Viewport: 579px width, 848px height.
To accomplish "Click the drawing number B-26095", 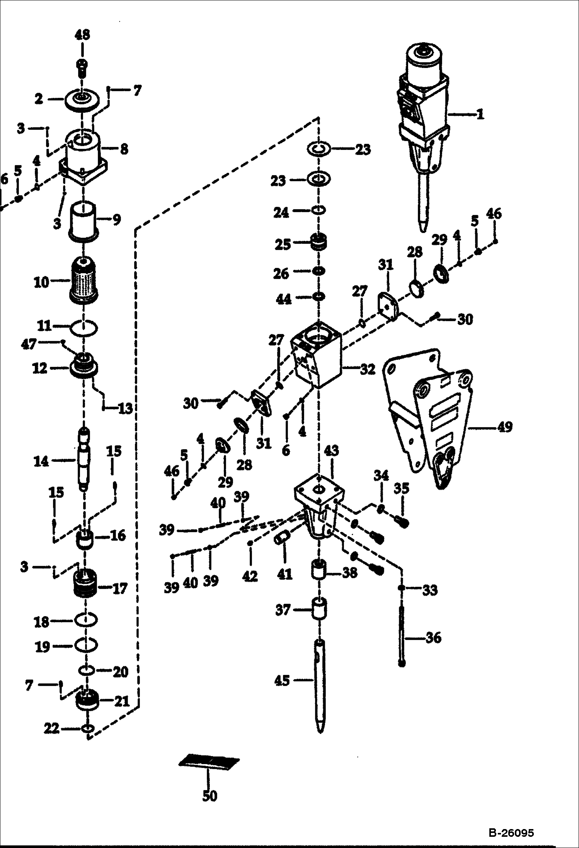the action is point(511,833).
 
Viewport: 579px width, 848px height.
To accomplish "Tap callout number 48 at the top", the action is point(82,35).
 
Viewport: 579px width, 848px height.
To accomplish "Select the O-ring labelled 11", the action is point(84,328).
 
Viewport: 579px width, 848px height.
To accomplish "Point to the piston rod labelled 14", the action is point(85,458).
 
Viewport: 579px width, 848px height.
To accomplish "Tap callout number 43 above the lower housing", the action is point(332,450).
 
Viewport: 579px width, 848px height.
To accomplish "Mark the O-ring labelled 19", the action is point(85,645).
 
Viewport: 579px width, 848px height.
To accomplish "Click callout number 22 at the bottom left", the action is point(52,729).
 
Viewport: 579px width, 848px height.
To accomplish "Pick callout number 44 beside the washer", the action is point(284,299).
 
